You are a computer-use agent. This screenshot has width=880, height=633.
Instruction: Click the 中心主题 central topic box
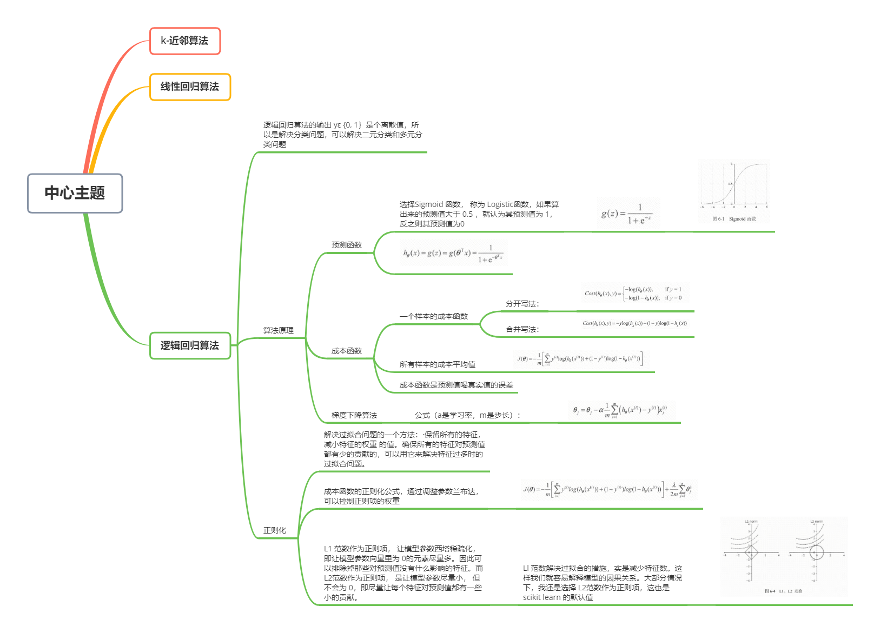75,193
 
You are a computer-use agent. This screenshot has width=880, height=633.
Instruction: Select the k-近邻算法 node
184,41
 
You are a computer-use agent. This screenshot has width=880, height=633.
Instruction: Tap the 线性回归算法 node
190,86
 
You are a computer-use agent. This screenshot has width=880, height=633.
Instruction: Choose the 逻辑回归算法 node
190,345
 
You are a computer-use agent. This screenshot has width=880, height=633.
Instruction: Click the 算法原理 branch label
278,330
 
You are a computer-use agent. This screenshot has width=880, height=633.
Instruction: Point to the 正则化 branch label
274,530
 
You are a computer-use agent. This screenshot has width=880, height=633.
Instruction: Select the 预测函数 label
346,245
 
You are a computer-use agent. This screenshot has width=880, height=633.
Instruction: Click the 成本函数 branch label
346,351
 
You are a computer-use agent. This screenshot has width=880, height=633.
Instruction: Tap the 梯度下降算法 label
354,415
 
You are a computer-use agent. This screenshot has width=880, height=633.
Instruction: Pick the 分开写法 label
522,304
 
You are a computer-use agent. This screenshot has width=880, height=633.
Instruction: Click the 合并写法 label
522,329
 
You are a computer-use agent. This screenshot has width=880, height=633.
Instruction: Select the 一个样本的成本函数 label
433,316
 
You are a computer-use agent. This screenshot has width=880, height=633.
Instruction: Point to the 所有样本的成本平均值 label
437,364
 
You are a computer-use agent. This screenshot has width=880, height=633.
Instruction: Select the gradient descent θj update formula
620,410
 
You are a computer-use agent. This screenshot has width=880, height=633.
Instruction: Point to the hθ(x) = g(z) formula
453,253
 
